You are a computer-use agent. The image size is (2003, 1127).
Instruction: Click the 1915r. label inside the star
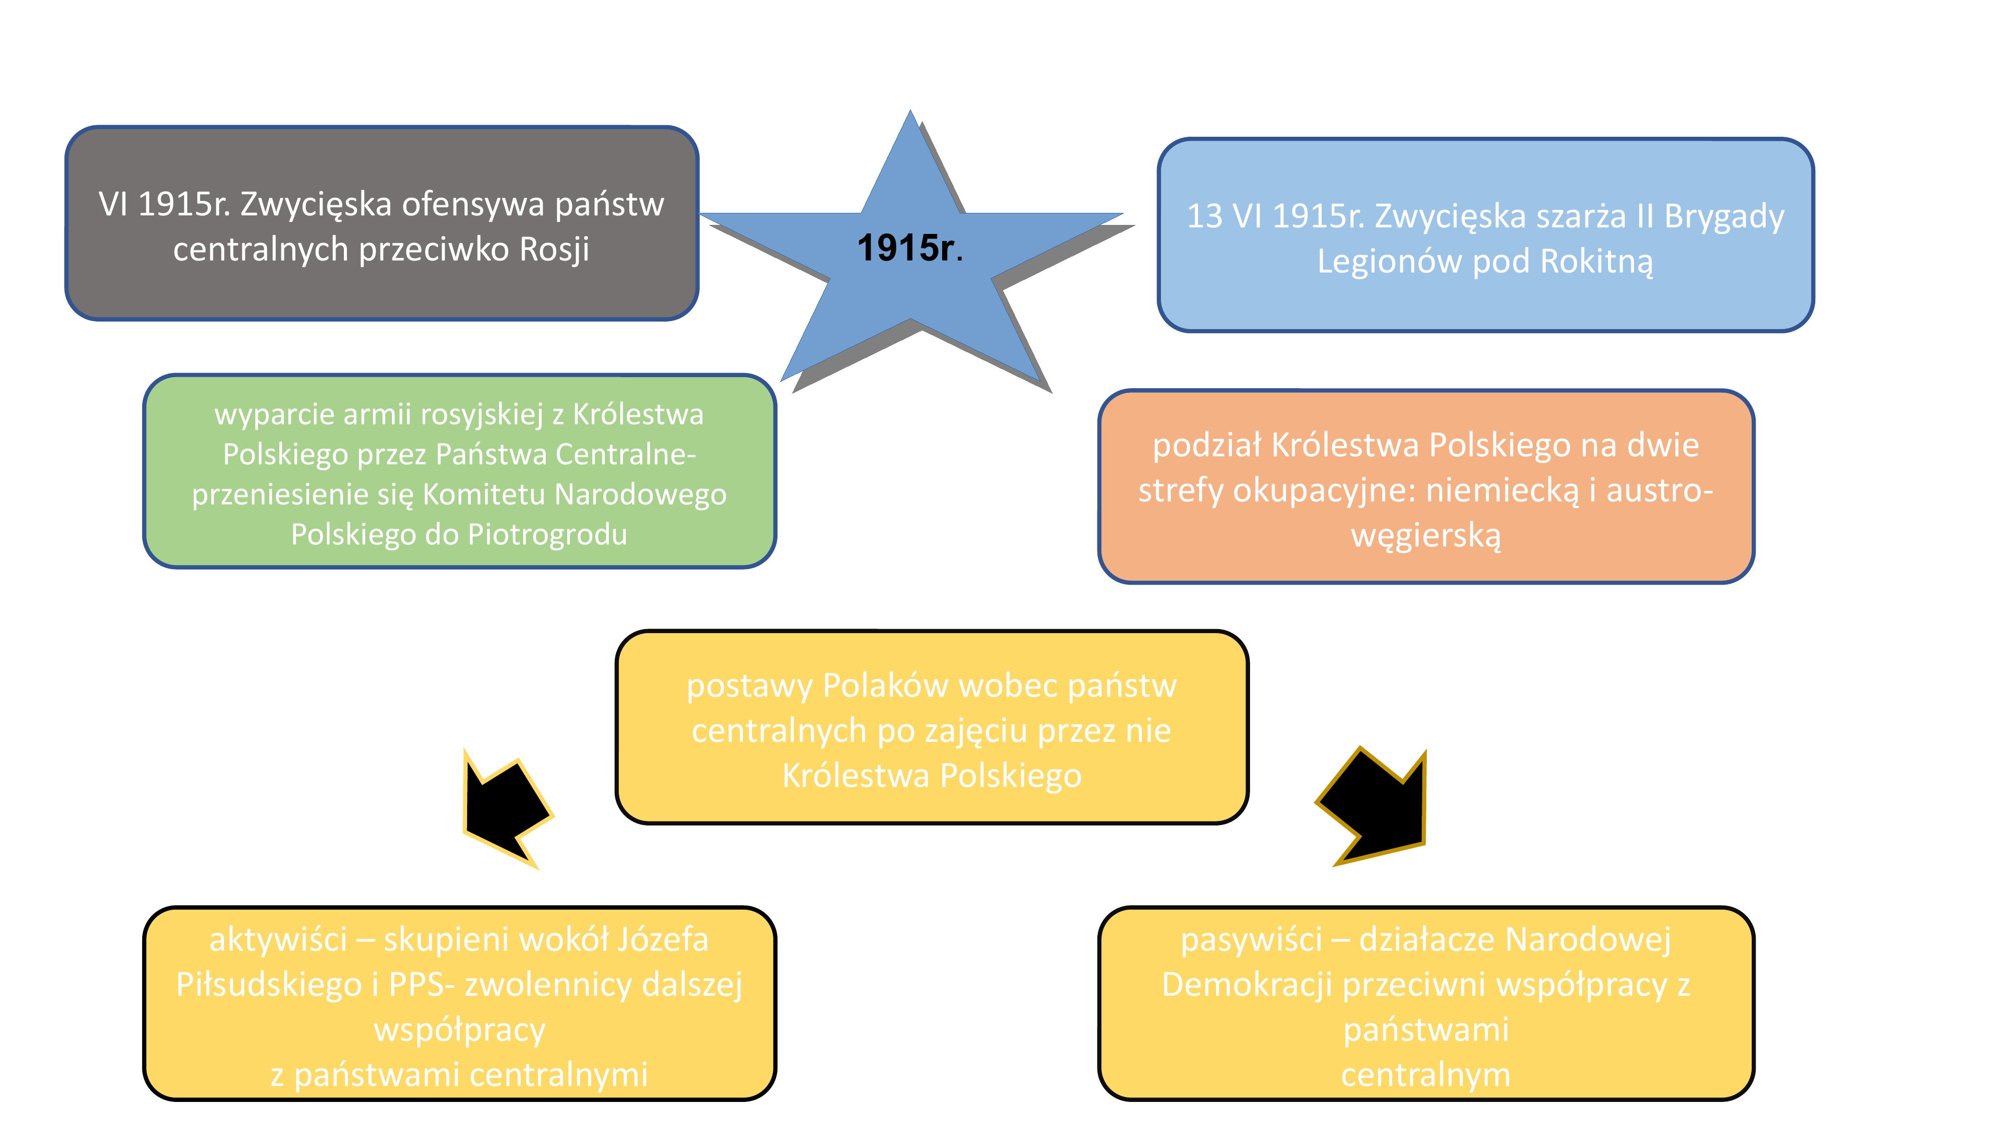pyautogui.click(x=910, y=248)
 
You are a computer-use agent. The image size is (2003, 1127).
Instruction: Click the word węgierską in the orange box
pyautogui.click(x=1426, y=536)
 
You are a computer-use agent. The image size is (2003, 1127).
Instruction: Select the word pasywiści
pyautogui.click(x=1251, y=940)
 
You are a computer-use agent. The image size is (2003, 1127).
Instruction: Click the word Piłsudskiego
pyautogui.click(x=269, y=985)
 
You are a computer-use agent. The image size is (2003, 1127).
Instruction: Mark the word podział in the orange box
pyautogui.click(x=1209, y=446)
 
